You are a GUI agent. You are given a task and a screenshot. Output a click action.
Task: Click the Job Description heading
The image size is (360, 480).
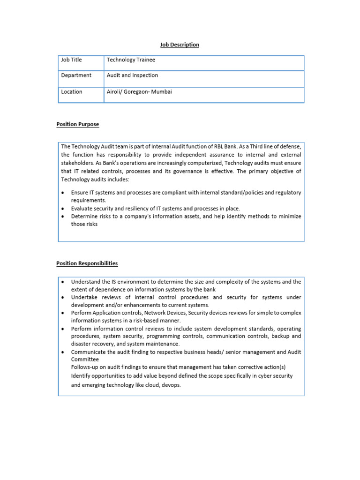(x=180, y=45)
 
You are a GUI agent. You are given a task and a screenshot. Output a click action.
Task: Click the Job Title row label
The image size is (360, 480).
(x=71, y=60)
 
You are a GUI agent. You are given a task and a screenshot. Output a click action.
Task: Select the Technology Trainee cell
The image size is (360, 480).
(x=131, y=60)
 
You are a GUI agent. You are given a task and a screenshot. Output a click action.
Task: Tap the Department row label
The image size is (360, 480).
(x=76, y=75)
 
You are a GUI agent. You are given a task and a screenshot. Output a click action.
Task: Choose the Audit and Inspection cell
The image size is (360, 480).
(x=132, y=75)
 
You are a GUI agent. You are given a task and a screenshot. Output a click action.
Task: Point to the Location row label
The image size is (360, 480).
(x=72, y=92)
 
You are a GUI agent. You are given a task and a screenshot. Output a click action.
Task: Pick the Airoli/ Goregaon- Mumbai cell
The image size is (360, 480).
(x=139, y=92)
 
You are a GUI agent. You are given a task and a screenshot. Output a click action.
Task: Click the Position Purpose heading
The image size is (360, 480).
(x=78, y=124)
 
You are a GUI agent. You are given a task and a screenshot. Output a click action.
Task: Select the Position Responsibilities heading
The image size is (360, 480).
(x=87, y=263)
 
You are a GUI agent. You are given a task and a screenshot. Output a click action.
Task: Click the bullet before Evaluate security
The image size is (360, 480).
(x=63, y=209)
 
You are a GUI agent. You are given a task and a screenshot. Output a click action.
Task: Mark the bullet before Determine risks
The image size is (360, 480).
(x=63, y=217)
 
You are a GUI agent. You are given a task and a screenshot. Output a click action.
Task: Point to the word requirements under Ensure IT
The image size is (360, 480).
(x=85, y=201)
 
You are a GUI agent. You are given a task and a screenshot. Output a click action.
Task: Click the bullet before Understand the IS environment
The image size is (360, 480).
(x=63, y=282)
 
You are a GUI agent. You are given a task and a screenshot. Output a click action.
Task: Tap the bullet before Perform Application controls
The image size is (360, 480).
(x=63, y=313)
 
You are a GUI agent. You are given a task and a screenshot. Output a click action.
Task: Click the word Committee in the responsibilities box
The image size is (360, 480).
(x=85, y=360)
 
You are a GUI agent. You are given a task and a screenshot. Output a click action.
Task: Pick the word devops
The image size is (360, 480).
(x=171, y=385)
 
